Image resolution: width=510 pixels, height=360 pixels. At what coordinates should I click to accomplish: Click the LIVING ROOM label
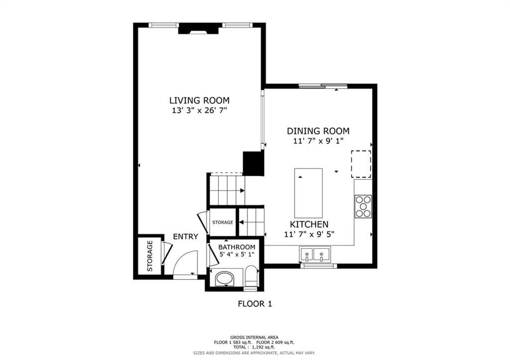pos(199,100)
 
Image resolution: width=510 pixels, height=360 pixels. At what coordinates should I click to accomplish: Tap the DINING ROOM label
pos(318,131)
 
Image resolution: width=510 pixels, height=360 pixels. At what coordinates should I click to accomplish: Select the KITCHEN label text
pos(309,224)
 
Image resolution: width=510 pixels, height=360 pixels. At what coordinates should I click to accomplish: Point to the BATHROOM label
pos(237,247)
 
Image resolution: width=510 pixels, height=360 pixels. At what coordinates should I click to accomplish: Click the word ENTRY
pos(185,237)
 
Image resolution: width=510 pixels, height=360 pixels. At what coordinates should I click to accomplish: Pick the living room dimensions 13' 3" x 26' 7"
pos(199,110)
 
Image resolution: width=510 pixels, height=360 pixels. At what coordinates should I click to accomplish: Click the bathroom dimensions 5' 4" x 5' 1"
pos(237,254)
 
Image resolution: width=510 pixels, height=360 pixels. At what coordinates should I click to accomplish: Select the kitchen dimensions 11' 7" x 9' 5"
pos(309,234)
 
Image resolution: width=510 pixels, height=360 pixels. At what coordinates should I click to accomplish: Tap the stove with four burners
pos(363,206)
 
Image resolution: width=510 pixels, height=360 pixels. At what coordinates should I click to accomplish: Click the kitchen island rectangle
pos(308,193)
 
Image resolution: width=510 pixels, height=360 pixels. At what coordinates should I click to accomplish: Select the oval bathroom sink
pos(225,279)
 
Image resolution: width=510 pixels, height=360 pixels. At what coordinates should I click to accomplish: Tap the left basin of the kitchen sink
pos(307,254)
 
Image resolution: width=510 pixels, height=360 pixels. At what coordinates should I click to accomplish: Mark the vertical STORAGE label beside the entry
pos(150,256)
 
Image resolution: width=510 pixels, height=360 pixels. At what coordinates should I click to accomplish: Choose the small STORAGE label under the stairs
pos(223,223)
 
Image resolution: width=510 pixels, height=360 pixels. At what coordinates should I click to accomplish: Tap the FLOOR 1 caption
pos(255,304)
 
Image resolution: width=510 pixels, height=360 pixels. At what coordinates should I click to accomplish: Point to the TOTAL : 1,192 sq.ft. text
pos(254,347)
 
